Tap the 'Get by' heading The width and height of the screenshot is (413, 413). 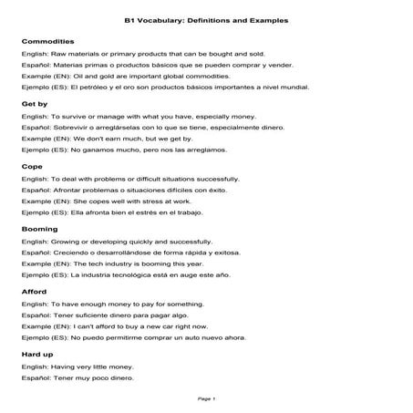click(34, 105)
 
